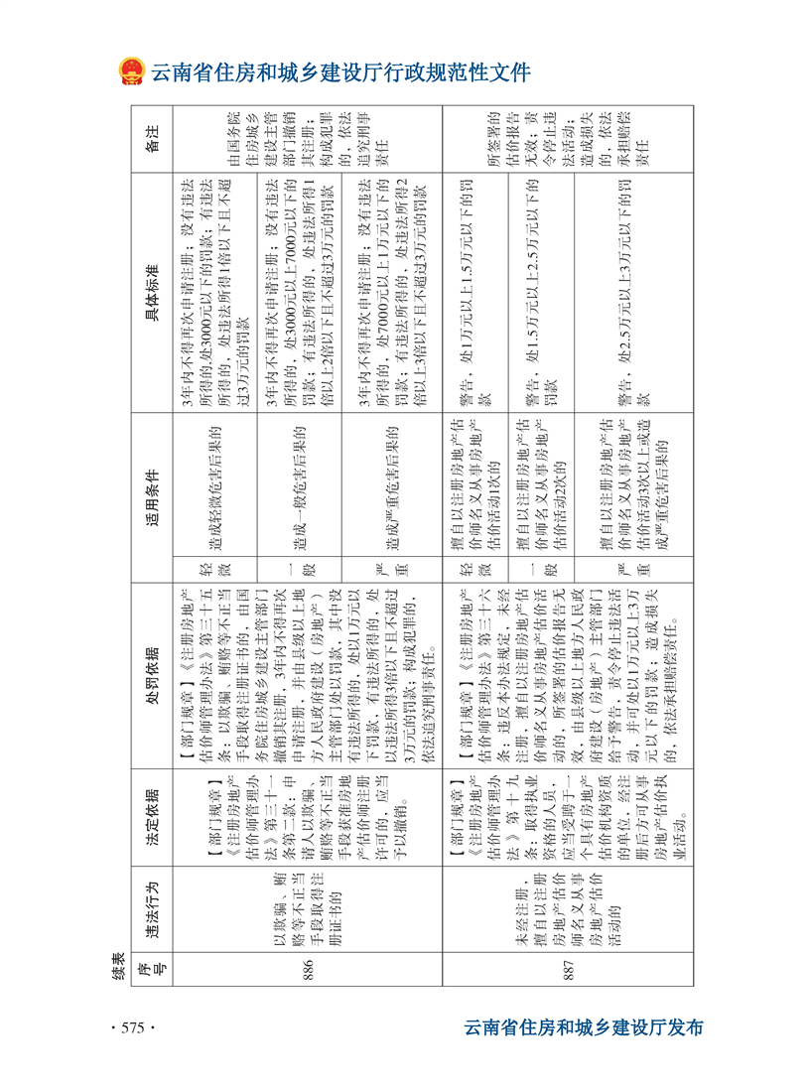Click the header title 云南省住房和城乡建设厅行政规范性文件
coord(340,72)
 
